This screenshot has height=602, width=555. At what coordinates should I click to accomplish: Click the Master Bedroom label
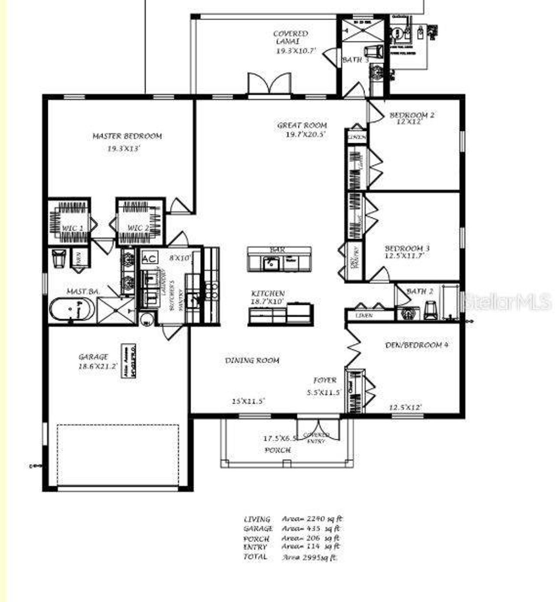[127, 136]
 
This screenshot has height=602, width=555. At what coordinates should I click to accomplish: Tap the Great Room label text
[302, 125]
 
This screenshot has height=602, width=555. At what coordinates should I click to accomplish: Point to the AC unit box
[150, 258]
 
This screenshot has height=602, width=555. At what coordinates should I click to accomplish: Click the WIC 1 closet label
[72, 228]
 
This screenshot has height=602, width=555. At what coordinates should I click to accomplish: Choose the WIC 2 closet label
[138, 228]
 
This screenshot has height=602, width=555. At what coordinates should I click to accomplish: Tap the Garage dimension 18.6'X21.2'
[98, 366]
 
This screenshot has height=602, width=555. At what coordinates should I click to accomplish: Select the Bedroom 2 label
[411, 115]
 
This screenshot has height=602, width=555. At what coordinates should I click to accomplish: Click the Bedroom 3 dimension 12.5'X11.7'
[404, 256]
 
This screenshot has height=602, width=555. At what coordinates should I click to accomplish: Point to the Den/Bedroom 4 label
[416, 345]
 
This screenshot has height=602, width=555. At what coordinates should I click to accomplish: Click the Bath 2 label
[419, 291]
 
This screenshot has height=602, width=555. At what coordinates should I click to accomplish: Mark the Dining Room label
[252, 360]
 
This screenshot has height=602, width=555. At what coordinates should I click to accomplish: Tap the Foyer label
[325, 380]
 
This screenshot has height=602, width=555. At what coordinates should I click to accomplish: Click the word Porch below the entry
[277, 450]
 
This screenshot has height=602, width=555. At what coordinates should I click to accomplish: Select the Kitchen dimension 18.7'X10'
[267, 301]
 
